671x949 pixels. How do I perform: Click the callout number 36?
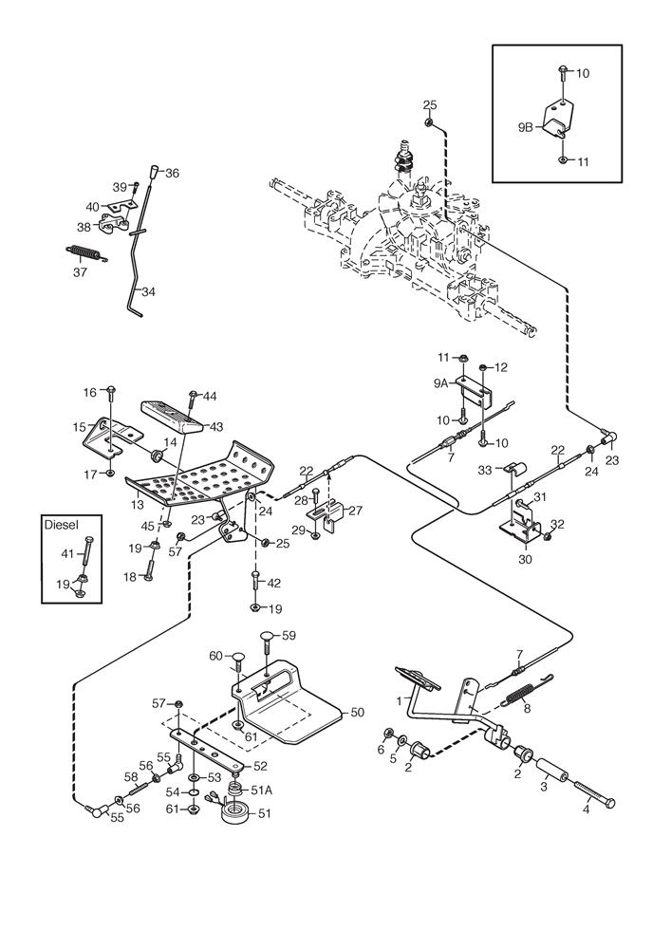172,173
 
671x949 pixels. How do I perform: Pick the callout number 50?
357,711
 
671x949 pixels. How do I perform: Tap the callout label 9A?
438,382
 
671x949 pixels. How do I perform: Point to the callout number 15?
79,427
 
